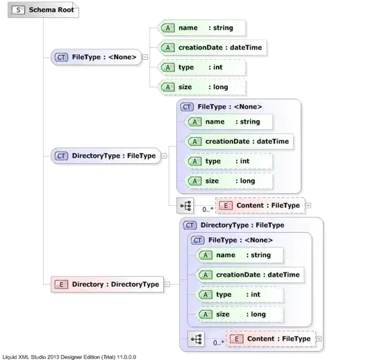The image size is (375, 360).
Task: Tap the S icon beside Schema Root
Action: [x=18, y=12]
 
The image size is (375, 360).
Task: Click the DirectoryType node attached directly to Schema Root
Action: [x=106, y=156]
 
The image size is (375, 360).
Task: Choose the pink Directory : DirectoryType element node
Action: [x=107, y=284]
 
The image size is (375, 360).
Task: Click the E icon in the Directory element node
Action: [x=60, y=284]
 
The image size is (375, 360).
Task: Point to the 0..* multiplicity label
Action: [x=217, y=342]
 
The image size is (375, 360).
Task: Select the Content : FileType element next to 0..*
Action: [x=270, y=338]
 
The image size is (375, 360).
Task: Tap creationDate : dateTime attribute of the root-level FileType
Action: [x=202, y=48]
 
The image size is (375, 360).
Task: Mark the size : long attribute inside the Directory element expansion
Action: [x=240, y=314]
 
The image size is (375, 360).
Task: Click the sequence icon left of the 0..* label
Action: [x=196, y=339]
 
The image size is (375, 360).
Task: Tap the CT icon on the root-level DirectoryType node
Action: [x=60, y=156]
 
